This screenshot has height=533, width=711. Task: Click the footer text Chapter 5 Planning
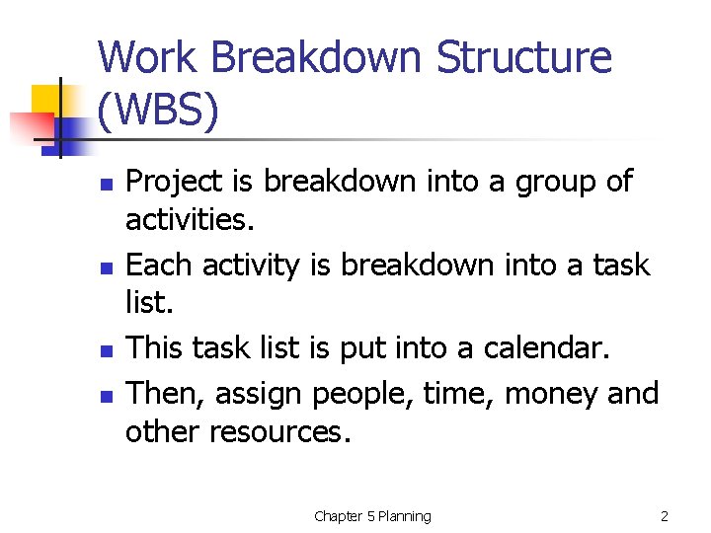point(372,516)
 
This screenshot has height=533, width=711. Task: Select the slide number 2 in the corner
point(665,516)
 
